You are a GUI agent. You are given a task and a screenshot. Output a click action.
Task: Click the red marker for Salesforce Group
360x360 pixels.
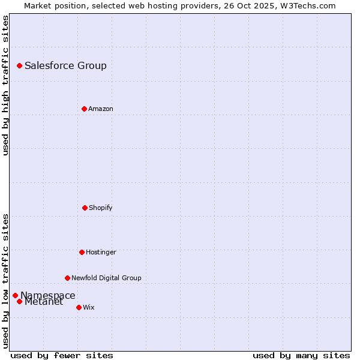[x=19, y=65]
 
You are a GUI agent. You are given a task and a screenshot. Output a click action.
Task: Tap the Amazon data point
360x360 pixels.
[x=84, y=109]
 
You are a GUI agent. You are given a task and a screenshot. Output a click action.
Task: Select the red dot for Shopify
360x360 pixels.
[x=85, y=208]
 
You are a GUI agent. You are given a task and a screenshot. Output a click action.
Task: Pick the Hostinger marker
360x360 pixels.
[x=82, y=252]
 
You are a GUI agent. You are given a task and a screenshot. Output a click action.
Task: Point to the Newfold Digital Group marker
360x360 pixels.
[x=67, y=278]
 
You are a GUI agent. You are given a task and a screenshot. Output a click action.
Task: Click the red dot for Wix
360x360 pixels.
[x=79, y=307]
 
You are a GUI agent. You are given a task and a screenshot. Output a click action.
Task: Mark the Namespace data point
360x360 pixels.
[x=15, y=295]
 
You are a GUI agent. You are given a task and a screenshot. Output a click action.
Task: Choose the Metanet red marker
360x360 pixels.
[x=19, y=301]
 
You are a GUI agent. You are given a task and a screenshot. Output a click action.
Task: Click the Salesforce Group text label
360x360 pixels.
[x=65, y=65]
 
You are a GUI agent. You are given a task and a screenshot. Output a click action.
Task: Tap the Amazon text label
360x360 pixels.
[x=101, y=109]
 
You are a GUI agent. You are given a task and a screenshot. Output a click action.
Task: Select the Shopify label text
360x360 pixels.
[x=101, y=208]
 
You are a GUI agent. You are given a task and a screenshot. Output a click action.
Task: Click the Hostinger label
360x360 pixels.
[x=101, y=252]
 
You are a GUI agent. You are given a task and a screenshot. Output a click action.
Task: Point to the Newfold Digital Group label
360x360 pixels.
[x=106, y=278]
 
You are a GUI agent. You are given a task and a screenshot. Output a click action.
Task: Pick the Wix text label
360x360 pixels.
[x=89, y=307]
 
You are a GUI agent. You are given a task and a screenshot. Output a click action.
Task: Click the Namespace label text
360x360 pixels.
[x=48, y=295]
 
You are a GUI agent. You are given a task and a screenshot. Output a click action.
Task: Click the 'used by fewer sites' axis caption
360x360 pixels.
[x=62, y=355]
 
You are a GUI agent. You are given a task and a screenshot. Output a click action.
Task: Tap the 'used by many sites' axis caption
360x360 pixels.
[x=301, y=355]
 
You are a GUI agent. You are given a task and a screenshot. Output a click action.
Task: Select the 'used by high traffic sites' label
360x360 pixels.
[x=5, y=85]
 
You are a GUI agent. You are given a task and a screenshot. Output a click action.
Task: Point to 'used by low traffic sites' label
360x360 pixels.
[x=5, y=281]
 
